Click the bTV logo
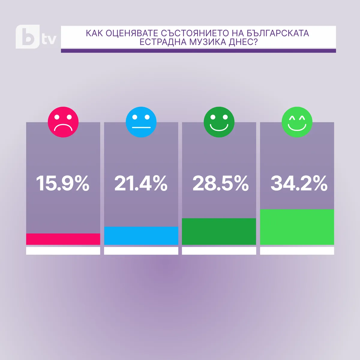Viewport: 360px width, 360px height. (35, 37)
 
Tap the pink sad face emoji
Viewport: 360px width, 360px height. (63, 122)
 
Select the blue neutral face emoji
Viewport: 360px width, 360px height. (141, 122)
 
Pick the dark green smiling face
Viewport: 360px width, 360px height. (219, 122)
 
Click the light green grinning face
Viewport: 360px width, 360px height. (297, 122)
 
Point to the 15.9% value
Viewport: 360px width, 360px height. (63, 183)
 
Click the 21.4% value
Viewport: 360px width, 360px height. (141, 183)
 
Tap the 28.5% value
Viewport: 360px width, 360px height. (220, 183)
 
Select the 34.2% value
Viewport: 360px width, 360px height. (299, 183)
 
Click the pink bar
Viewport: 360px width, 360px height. (63, 239)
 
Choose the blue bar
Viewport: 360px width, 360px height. (141, 236)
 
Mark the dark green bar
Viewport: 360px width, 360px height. (219, 232)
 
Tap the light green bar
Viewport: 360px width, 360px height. (297, 227)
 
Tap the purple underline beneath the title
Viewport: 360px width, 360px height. (198, 51)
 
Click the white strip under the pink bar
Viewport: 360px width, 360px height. (63, 251)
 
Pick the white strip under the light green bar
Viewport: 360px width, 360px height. (297, 251)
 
